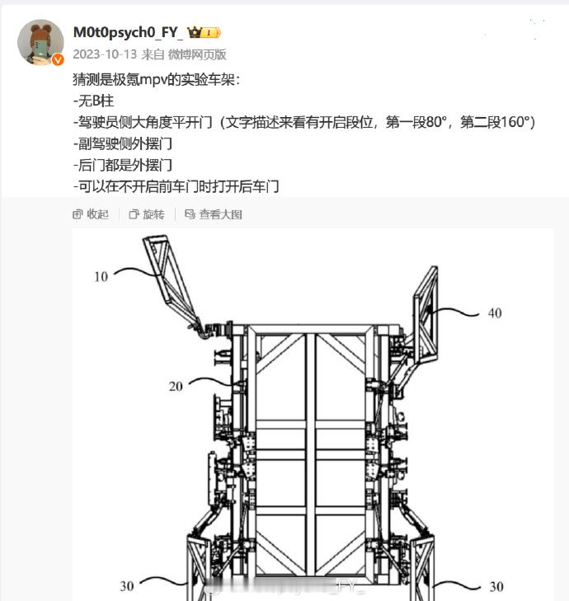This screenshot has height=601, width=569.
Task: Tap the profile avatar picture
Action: (x=40, y=42)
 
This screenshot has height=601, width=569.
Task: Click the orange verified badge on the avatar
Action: (x=58, y=59)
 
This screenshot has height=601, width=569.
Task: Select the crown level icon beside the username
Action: (x=204, y=33)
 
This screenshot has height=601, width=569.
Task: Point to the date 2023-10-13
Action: (x=105, y=54)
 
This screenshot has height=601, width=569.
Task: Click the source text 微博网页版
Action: (x=197, y=54)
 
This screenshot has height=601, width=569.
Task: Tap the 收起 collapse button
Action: (x=91, y=214)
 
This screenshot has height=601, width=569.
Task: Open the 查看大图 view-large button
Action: (x=214, y=214)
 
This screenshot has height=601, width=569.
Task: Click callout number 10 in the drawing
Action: (x=101, y=277)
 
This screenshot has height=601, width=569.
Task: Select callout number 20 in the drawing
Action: (x=176, y=387)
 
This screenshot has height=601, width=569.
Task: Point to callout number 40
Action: (x=495, y=313)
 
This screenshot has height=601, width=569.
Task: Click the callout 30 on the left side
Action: (x=127, y=586)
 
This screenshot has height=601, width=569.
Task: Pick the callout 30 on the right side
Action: (x=496, y=586)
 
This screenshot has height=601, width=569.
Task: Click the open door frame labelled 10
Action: (x=171, y=282)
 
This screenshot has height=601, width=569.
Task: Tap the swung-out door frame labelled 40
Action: (x=426, y=315)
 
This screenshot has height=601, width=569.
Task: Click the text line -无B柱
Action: (x=93, y=101)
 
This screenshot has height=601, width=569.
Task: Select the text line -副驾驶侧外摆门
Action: (x=123, y=144)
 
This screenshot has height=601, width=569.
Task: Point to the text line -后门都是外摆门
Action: (x=123, y=166)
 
